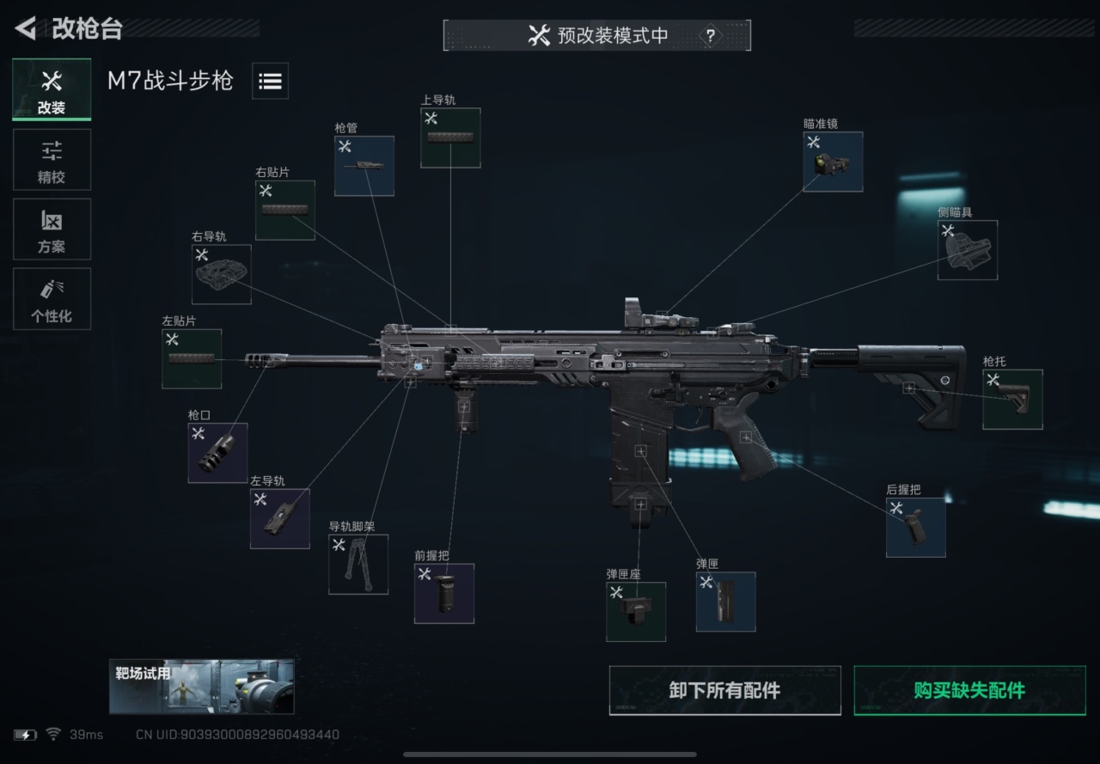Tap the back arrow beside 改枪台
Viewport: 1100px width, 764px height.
coord(26,28)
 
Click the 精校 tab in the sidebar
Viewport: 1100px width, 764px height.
coord(52,160)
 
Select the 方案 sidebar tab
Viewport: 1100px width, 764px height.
coord(52,229)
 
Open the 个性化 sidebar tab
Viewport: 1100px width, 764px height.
coord(52,298)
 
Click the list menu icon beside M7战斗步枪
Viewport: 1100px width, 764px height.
coord(270,81)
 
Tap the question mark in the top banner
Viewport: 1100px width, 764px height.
coord(710,36)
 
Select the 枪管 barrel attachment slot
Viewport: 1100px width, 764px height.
coord(364,166)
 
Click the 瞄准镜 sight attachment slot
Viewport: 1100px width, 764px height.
coord(833,162)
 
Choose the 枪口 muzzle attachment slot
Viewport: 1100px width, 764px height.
coord(217,453)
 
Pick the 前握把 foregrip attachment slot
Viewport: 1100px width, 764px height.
coord(444,594)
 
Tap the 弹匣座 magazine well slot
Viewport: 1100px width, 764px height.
coord(636,612)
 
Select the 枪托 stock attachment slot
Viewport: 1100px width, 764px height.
coord(1012,400)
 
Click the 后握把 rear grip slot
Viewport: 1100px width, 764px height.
coord(916,528)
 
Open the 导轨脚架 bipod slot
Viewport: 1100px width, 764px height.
coord(358,565)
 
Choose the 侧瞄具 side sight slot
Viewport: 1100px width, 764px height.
coord(968,250)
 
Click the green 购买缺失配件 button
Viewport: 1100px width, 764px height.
coord(970,690)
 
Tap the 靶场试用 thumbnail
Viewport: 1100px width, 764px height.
coord(202,687)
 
